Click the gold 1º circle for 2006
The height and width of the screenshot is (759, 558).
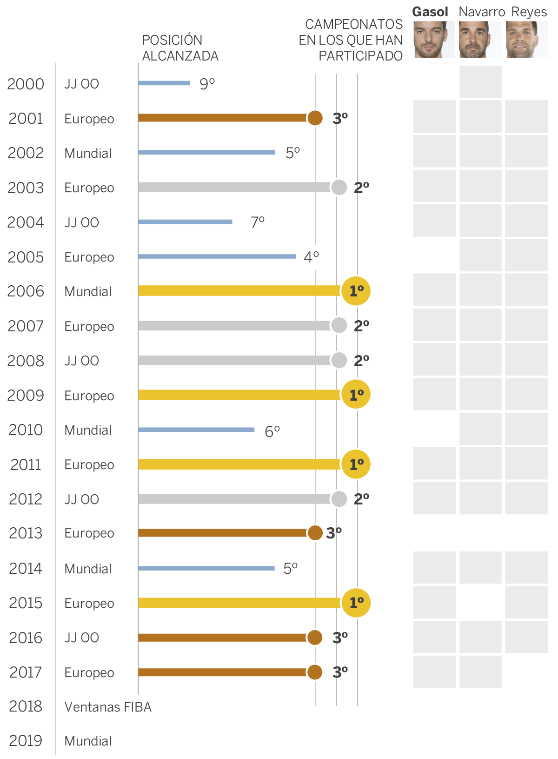(x=356, y=291)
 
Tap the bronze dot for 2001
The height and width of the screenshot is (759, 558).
(x=315, y=118)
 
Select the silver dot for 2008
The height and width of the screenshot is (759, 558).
(x=339, y=360)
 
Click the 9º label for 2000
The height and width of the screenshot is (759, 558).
(x=207, y=84)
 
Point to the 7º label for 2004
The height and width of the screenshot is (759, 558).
(x=258, y=222)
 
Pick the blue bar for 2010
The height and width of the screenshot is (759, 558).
(x=196, y=430)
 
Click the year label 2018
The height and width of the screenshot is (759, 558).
(x=26, y=706)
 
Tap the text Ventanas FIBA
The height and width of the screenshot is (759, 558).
(x=108, y=707)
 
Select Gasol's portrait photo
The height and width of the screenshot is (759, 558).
(x=433, y=39)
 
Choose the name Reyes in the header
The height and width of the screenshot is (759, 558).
(x=529, y=12)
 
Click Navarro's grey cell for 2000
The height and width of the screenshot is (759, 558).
(x=480, y=82)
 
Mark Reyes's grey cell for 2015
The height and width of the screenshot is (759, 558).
(x=526, y=602)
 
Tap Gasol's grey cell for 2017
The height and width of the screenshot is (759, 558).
(x=434, y=672)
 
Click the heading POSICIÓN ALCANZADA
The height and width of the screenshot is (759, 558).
(x=180, y=48)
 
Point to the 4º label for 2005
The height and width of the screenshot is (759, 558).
(x=311, y=256)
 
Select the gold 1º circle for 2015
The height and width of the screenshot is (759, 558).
(x=356, y=603)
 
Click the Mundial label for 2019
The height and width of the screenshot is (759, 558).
(x=88, y=741)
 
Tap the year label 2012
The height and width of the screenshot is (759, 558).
(x=26, y=499)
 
